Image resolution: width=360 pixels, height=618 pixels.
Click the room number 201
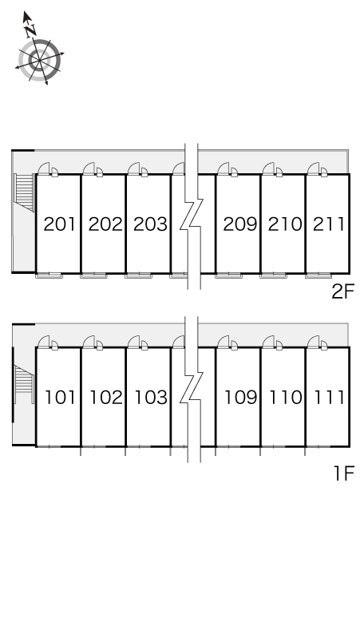59,224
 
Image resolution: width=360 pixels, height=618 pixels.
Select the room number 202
105,224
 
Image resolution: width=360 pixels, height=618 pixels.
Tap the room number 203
150,224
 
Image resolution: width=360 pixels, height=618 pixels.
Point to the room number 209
240,224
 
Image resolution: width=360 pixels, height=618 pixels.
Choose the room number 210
285,224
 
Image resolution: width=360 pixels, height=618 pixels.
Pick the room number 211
329,224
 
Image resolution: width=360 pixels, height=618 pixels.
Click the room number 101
60,398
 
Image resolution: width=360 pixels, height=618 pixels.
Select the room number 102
106,398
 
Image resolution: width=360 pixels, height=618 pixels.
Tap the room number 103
151,398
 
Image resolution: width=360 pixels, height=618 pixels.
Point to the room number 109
240,398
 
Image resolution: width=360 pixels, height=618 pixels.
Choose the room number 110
286,398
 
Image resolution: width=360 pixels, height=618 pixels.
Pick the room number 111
330,398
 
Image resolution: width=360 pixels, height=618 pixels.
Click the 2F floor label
343,292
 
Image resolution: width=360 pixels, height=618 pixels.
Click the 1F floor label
344,473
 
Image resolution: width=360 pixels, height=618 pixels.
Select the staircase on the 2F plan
24,192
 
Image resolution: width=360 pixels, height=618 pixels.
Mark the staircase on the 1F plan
24,384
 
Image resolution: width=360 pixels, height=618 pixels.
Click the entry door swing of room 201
44,168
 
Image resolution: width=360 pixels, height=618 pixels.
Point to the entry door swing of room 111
313,342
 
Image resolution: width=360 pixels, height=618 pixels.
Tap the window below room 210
273,275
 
